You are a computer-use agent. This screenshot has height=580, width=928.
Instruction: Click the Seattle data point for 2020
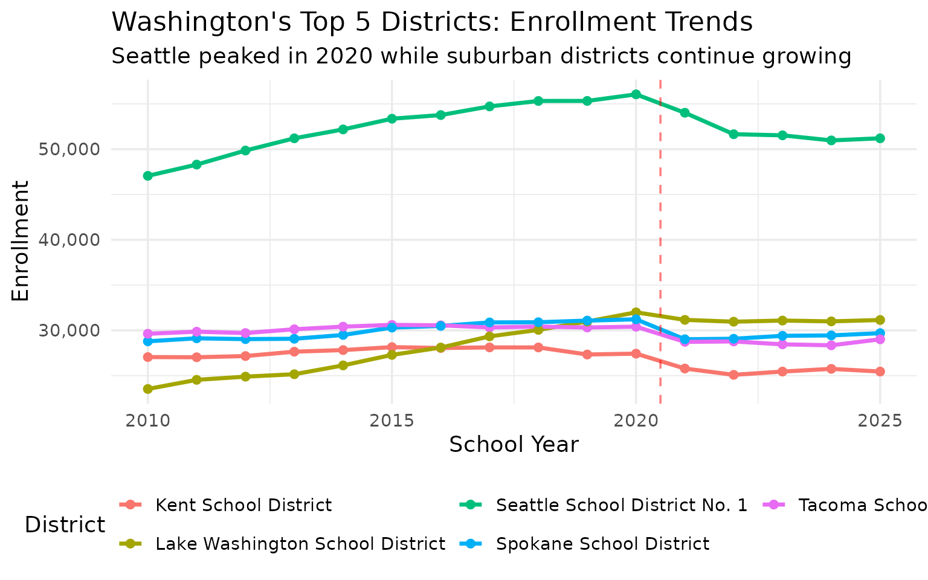click(x=636, y=94)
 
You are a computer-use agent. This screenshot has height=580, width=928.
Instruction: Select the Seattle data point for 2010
click(x=147, y=176)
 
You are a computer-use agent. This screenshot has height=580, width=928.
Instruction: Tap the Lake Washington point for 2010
click(x=147, y=389)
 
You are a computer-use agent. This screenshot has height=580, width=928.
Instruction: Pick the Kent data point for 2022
click(x=733, y=375)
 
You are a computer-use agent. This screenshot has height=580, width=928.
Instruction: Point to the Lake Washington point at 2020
click(x=636, y=312)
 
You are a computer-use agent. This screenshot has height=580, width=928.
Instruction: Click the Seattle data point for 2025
click(x=880, y=138)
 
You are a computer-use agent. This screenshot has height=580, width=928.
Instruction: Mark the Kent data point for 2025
click(x=880, y=372)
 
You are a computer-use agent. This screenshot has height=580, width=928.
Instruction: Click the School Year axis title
click(x=514, y=445)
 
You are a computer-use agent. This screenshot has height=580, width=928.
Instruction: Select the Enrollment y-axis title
click(x=21, y=240)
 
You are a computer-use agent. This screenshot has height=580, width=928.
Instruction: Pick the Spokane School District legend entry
click(x=602, y=544)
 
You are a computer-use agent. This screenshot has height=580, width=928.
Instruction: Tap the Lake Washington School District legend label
click(x=300, y=544)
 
